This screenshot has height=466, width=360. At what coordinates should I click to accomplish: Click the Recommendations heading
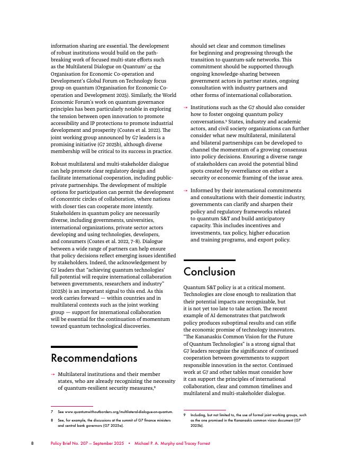tap(94, 359)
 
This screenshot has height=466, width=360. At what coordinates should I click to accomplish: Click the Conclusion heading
tap(209, 272)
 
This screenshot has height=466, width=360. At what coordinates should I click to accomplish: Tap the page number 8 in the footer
tap(32, 443)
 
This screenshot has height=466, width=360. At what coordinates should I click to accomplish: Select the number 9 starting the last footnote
tap(185, 415)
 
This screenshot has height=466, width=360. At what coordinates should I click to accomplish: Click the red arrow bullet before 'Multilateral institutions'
tap(52, 374)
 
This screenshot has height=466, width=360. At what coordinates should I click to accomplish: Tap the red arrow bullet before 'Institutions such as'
tap(185, 107)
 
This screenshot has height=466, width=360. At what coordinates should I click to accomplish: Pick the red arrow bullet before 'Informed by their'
tap(185, 190)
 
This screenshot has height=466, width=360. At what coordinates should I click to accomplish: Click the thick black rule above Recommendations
tap(94, 347)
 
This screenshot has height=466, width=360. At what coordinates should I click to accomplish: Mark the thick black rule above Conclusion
tap(209, 260)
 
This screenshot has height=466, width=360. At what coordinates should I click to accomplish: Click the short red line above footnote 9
tap(204, 410)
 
